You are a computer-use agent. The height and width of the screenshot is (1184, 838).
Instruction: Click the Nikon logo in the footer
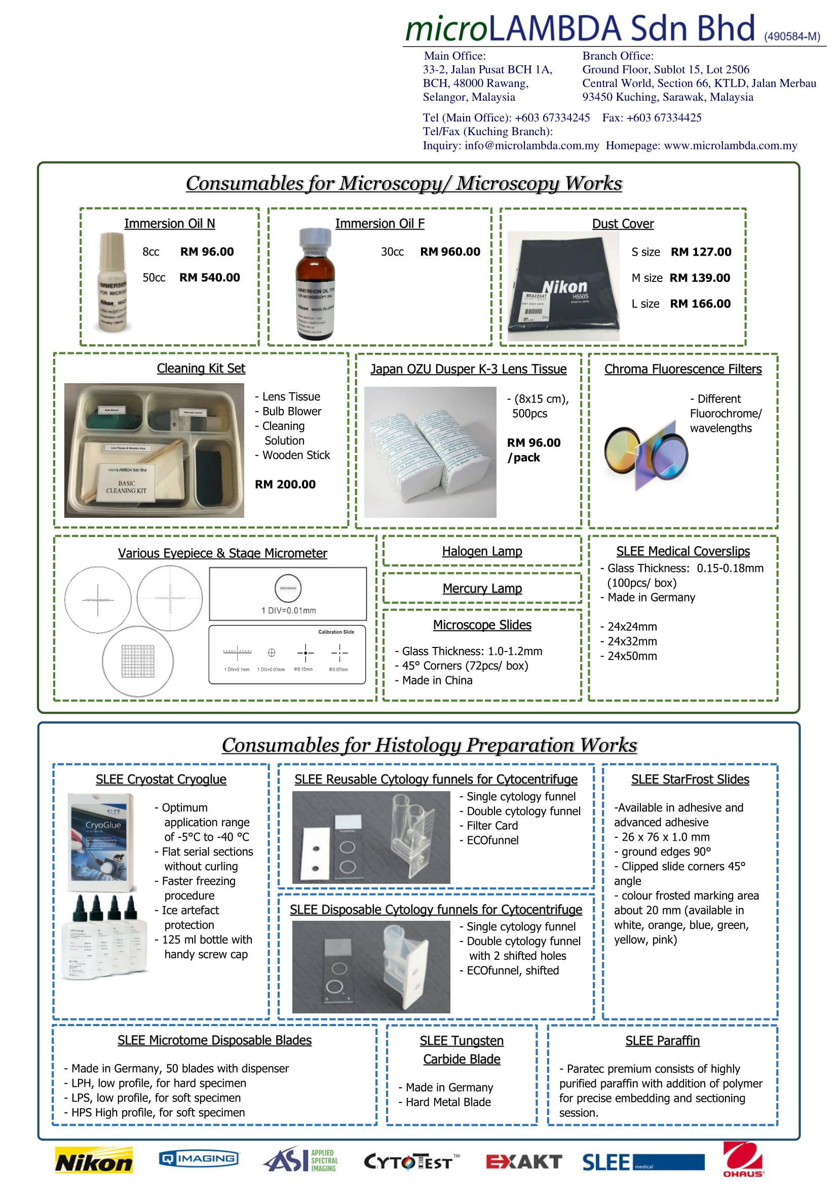point(94,1161)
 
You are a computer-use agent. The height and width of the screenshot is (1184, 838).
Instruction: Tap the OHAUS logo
point(743,1158)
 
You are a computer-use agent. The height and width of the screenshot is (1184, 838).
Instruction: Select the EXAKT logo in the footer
point(523,1161)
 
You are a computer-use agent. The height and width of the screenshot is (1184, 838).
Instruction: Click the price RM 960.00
point(450,252)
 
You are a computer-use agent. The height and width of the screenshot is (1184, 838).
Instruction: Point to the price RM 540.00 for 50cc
point(210,277)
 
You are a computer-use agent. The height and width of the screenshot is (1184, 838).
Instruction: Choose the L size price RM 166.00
point(700,304)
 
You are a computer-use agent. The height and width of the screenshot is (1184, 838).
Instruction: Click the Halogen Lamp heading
point(482,551)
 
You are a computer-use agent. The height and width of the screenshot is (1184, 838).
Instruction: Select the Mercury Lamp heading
point(482,588)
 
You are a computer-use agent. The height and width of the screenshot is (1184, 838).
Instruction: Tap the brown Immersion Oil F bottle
point(315,283)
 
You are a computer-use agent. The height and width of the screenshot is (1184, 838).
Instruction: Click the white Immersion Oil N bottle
point(112,282)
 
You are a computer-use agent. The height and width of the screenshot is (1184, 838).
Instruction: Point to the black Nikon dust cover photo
point(563,285)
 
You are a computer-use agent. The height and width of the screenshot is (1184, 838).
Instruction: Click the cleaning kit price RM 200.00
point(285,484)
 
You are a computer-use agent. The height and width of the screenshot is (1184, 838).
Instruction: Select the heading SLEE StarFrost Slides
point(690,779)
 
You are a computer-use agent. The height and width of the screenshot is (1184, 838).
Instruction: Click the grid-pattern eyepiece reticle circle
point(138,661)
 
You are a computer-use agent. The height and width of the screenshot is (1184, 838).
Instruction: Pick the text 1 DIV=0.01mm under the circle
point(288,610)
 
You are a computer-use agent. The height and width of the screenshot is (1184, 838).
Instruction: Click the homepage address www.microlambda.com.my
point(730,145)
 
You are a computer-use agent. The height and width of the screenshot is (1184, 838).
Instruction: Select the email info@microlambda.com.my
point(531,145)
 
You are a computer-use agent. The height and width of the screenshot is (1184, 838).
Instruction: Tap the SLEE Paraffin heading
point(663,1041)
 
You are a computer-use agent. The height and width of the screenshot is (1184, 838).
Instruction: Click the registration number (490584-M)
point(792,36)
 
